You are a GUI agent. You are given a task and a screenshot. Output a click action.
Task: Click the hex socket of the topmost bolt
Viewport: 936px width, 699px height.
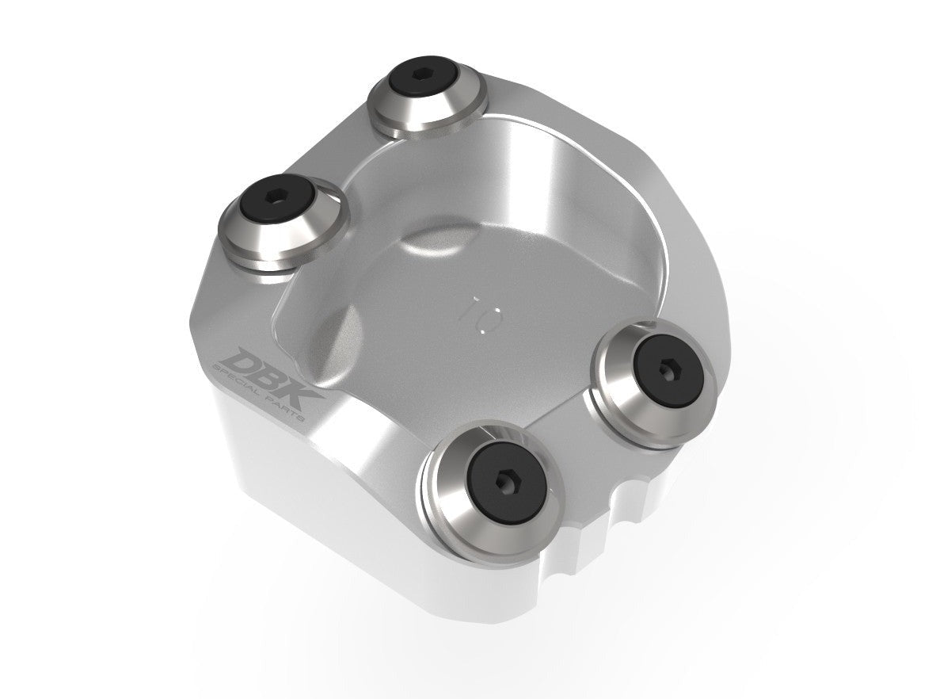428,94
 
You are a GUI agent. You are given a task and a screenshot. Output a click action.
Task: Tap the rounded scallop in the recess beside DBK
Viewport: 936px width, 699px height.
333,333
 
